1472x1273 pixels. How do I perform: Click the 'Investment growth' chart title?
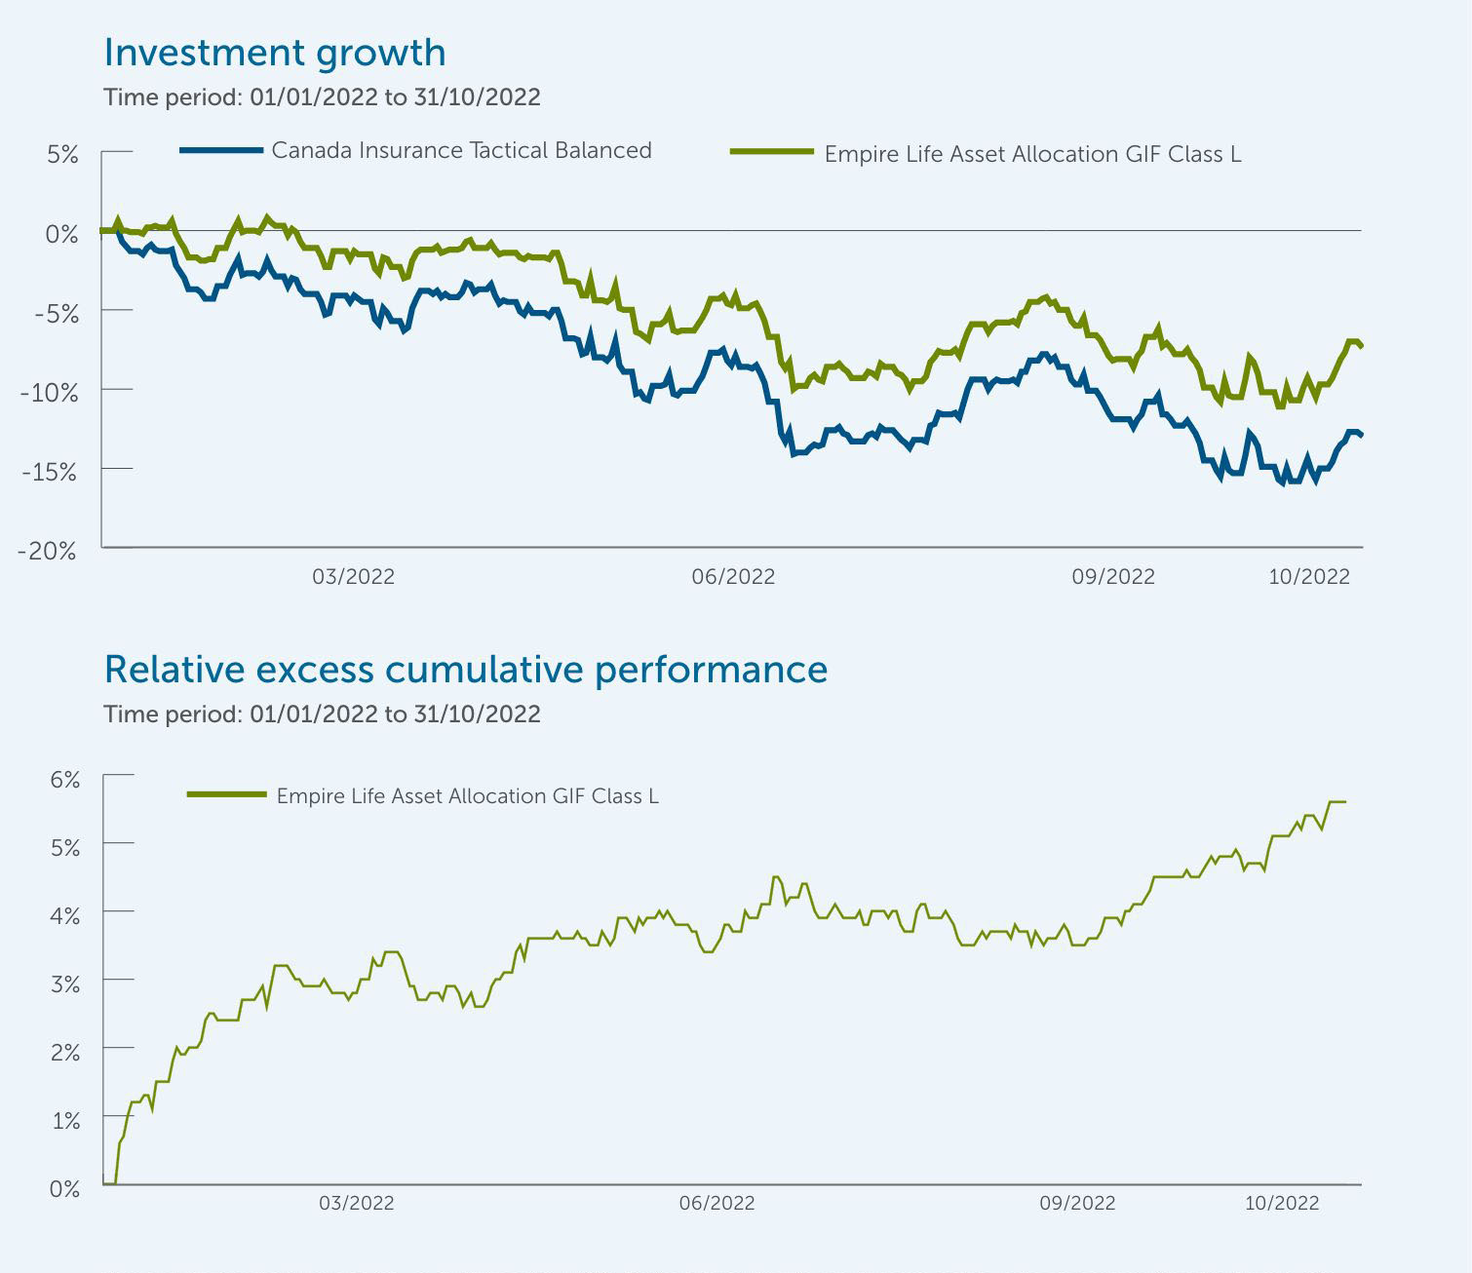click(x=274, y=53)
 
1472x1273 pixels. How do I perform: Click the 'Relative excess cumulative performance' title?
click(x=465, y=670)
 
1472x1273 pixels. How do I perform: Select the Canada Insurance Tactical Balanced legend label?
click(x=461, y=150)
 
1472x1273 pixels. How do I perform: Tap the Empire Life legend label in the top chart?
click(x=1032, y=154)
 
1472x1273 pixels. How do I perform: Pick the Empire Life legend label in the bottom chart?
click(x=467, y=795)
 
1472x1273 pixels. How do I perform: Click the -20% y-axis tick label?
click(x=48, y=550)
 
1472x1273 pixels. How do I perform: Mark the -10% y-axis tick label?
click(x=48, y=392)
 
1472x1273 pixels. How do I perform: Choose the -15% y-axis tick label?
click(x=48, y=471)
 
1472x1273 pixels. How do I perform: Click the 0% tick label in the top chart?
click(x=61, y=234)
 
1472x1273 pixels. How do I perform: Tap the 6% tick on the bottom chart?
click(x=64, y=779)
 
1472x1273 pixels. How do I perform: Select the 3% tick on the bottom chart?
click(x=64, y=984)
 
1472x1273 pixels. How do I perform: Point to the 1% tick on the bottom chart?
click(x=64, y=1120)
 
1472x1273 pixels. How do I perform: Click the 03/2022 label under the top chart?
click(x=353, y=576)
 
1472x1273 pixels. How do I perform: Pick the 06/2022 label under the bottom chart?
click(x=717, y=1203)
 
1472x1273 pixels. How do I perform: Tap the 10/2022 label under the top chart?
click(x=1308, y=576)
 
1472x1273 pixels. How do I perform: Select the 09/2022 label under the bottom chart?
click(x=1077, y=1203)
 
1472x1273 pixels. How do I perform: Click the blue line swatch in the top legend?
click(x=221, y=150)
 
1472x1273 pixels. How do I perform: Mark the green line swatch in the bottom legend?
click(x=226, y=794)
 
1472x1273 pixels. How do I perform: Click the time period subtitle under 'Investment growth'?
click(x=322, y=97)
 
